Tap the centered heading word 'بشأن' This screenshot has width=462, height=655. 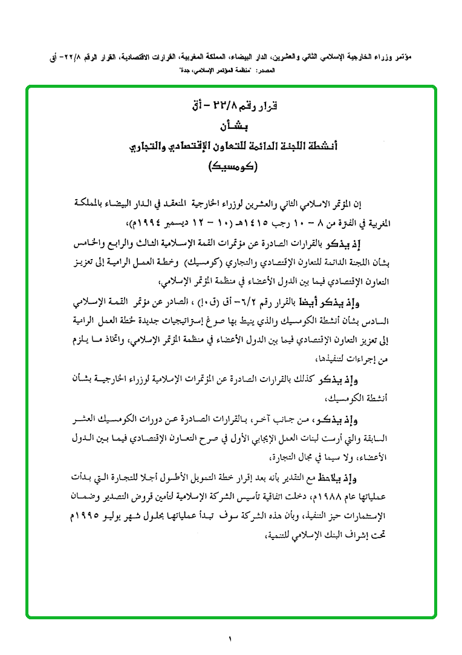pyautogui.click(x=231, y=127)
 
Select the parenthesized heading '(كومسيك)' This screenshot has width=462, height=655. pyautogui.click(x=231, y=165)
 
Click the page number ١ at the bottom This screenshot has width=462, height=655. pyautogui.click(x=230, y=637)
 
